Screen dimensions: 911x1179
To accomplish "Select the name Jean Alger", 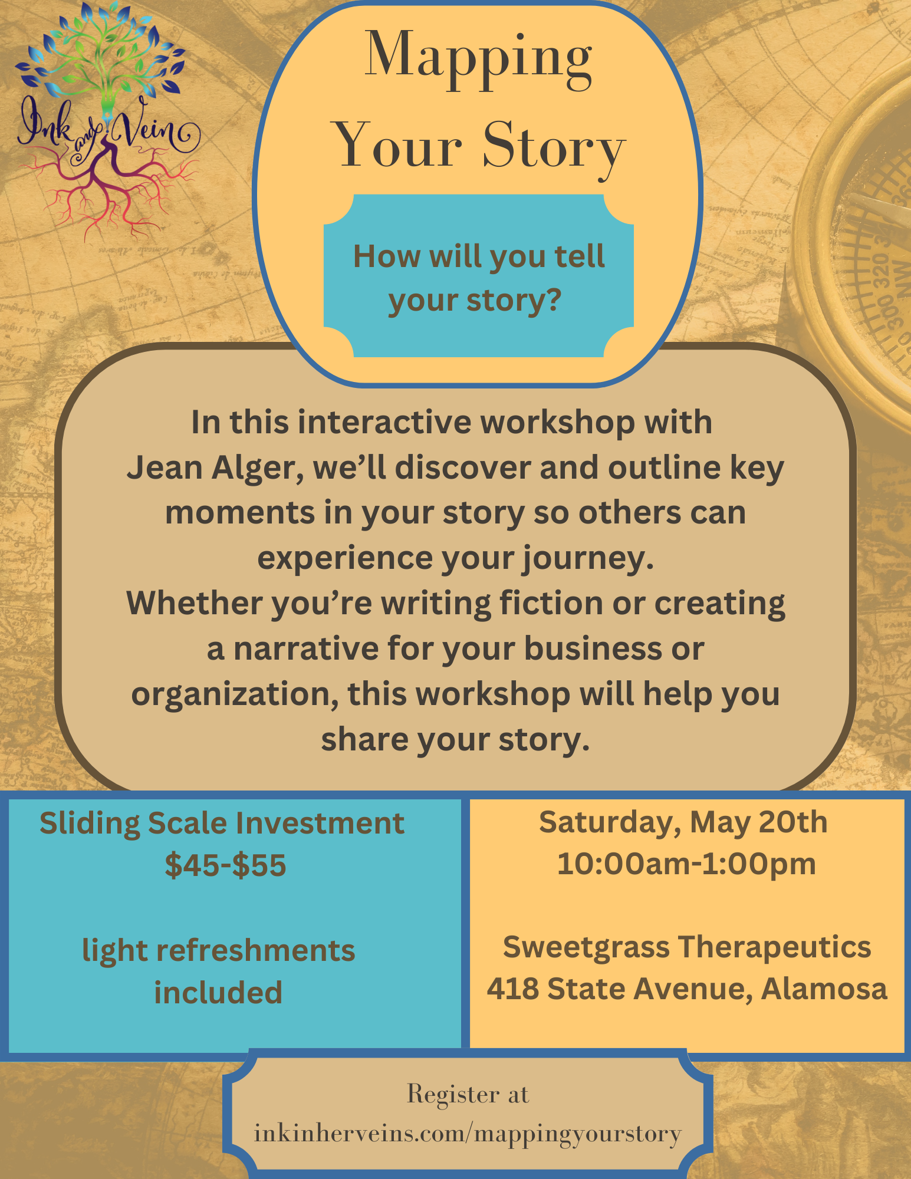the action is pos(215,469).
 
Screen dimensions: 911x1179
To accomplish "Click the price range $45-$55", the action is pos(225,865).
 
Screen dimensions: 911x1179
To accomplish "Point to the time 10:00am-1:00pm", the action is pos(686,864).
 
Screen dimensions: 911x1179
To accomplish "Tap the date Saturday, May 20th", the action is pos(683,823).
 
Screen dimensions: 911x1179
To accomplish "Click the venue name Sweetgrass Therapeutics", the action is pos(687,948).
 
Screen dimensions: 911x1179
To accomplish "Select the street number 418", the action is pos(512,989).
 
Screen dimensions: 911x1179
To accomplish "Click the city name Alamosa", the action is pos(824,989).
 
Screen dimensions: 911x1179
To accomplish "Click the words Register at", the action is pos(468,1095).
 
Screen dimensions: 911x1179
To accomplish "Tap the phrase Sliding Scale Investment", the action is pos(222,824).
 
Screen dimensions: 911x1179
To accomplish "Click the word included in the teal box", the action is pos(218,993).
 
